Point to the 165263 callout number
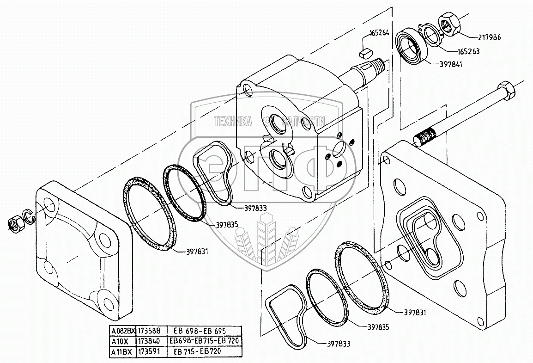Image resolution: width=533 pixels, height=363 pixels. pyautogui.click(x=467, y=51)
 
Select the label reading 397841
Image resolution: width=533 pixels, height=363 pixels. pyautogui.click(x=450, y=64)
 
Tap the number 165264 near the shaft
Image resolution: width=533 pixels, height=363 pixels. pyautogui.click(x=379, y=33)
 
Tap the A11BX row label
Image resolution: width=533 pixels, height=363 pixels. pyautogui.click(x=121, y=352)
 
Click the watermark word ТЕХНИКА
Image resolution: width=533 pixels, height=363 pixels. pyautogui.click(x=232, y=121)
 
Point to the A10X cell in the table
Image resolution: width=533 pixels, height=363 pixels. pyautogui.click(x=121, y=341)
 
